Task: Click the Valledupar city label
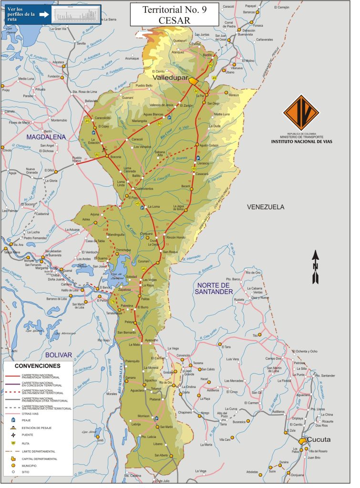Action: click(x=169, y=77)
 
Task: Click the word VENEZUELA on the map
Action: click(x=266, y=207)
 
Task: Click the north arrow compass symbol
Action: click(x=315, y=267)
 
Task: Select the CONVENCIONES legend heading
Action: click(x=37, y=366)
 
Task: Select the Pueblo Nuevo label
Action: click(x=80, y=160)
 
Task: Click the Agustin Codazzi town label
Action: click(x=209, y=145)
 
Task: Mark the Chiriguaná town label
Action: click(x=146, y=234)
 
